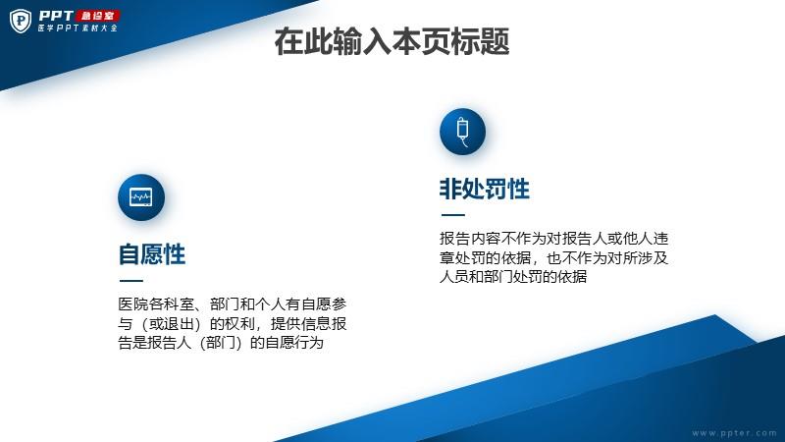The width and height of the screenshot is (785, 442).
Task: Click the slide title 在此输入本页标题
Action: [392, 41]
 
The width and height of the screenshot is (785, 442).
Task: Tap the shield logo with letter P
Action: [21, 21]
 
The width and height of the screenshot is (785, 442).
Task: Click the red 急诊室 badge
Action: [98, 16]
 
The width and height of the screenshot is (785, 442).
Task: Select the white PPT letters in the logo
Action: [56, 16]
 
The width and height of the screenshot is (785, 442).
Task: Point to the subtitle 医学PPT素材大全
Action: [78, 28]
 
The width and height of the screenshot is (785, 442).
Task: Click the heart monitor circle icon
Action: [141, 197]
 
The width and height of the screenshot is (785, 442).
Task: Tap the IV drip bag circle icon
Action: [462, 132]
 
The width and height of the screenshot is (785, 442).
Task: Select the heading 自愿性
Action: [152, 254]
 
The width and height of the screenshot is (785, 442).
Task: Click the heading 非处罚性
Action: [484, 189]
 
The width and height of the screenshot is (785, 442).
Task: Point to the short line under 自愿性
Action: [131, 281]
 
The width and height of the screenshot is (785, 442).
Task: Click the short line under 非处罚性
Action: [453, 215]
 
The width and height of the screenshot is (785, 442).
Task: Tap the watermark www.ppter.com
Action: [734, 433]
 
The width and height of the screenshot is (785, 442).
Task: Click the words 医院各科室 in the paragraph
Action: [156, 304]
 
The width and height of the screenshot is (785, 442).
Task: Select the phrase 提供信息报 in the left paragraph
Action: [308, 323]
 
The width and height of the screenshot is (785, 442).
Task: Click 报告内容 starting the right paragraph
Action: [470, 238]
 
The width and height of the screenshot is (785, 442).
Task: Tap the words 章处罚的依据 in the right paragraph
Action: [485, 257]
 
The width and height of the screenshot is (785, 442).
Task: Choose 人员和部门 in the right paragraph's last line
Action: [477, 277]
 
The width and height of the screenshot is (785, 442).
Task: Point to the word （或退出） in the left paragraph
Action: [171, 323]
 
